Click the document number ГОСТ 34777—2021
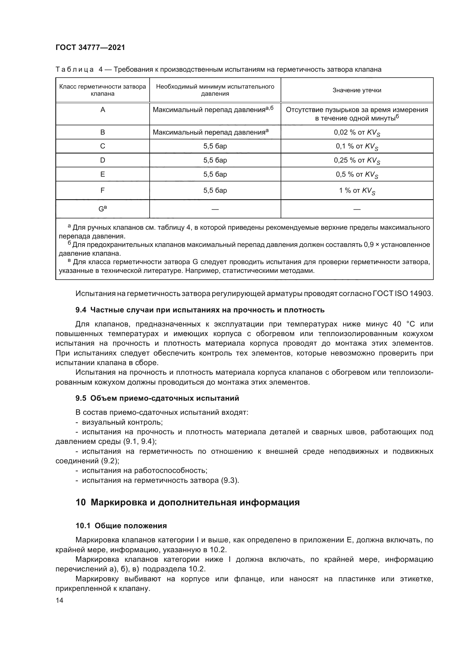point(90,47)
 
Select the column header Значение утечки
point(357,90)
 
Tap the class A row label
point(103,110)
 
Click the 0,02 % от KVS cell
point(357,133)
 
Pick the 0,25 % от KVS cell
point(357,160)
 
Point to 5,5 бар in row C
point(215,146)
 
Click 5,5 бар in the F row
point(215,190)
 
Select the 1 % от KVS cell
point(357,190)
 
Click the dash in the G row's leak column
point(357,209)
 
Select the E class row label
point(103,174)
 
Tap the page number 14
point(60,600)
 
